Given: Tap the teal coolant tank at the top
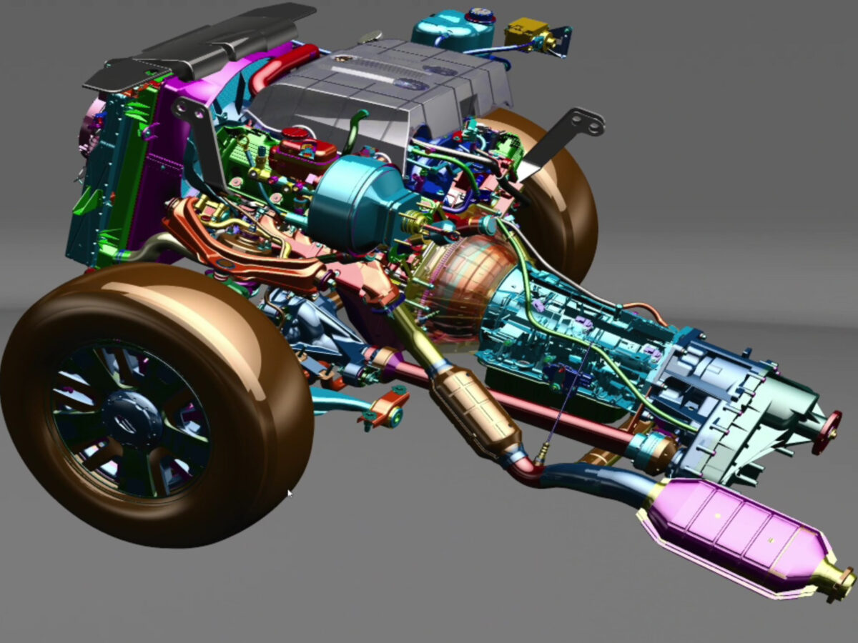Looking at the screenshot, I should tap(452, 29).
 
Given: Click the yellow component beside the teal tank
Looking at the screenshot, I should tap(527, 33).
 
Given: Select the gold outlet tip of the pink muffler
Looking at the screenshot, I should tap(837, 579).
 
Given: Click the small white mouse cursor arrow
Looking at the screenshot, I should tap(290, 494).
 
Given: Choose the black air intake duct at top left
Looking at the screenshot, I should tap(207, 43).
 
